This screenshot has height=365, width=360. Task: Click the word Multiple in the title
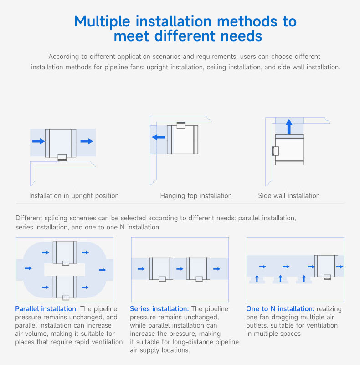pyautogui.click(x=102, y=21)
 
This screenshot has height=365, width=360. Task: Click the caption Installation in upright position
pyautogui.click(x=74, y=196)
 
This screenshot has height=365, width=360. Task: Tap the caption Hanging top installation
pyautogui.click(x=196, y=196)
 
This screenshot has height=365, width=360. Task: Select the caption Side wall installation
pyautogui.click(x=289, y=196)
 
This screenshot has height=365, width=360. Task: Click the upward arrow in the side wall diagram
pyautogui.click(x=289, y=126)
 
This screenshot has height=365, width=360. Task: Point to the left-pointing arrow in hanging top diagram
pyautogui.click(x=159, y=137)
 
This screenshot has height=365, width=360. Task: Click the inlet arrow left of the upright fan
pyautogui.click(x=39, y=141)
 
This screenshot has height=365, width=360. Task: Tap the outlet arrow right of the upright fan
pyautogui.click(x=87, y=141)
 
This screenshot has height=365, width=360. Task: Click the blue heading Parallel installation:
pyautogui.click(x=46, y=309)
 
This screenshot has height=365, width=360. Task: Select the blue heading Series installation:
pyautogui.click(x=159, y=309)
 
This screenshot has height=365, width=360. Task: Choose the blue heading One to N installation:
pyautogui.click(x=280, y=309)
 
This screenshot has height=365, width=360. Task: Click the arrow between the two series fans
pyautogui.click(x=180, y=269)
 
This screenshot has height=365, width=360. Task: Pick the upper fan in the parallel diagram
pyautogui.click(x=65, y=253)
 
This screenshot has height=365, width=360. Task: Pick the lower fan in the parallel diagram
pyautogui.click(x=65, y=287)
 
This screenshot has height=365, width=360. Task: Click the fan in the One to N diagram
pyautogui.click(x=326, y=267)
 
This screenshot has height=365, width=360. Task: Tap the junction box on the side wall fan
pyautogui.click(x=275, y=151)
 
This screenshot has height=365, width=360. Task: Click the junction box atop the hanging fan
pyautogui.click(x=181, y=125)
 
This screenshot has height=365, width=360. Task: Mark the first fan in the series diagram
pyautogui.click(x=161, y=269)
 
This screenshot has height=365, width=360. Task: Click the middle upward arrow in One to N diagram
pyautogui.click(x=280, y=278)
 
